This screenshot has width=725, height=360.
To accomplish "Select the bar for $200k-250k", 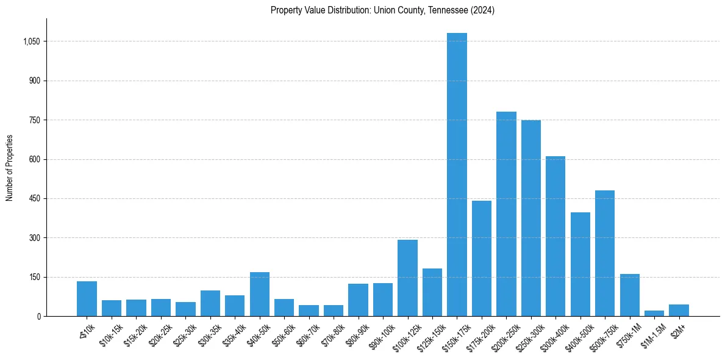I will [x=506, y=214].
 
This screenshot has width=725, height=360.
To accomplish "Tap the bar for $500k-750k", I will [x=605, y=253].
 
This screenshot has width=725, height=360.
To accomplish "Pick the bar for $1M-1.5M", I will [x=654, y=313].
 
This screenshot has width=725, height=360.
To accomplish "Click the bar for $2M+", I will [x=679, y=310].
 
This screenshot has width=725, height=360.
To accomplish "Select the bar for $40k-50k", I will [x=260, y=294].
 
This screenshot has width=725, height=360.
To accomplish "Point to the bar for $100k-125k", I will [x=407, y=278].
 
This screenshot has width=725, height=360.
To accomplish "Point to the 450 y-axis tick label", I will [x=35, y=199].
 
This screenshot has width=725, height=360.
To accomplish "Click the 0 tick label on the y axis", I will [x=38, y=317].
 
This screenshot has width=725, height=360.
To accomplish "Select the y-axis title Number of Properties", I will [x=10, y=168].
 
